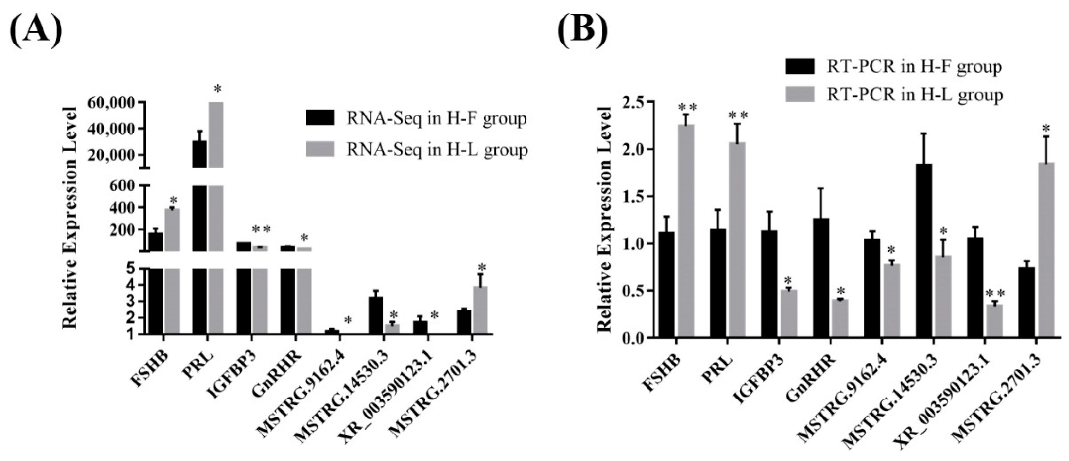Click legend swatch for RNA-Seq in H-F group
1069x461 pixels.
point(319,118)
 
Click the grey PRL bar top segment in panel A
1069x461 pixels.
point(216,135)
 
